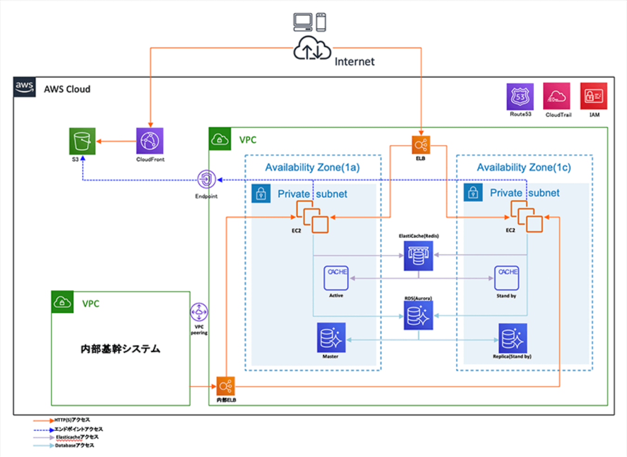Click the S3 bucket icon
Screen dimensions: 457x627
point(82,141)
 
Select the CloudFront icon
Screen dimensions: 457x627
point(150,141)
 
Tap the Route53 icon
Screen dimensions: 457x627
point(520,97)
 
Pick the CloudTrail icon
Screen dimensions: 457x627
point(556,97)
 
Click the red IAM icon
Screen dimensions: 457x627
point(594,96)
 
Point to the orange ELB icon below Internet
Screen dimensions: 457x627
point(421,145)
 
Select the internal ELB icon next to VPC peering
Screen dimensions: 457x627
point(226,386)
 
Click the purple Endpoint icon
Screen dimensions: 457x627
point(206,179)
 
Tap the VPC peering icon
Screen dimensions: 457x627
point(199,312)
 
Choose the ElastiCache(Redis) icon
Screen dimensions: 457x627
point(418,256)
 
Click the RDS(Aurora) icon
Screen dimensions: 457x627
point(418,315)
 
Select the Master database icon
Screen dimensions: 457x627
point(331,338)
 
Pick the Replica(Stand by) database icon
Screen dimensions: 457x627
point(512,338)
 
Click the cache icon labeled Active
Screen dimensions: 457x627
point(336,278)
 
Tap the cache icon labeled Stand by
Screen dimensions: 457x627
point(507,278)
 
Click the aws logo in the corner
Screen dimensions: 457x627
point(25,87)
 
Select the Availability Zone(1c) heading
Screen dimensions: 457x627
point(524,167)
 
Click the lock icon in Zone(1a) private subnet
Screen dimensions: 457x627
point(261,193)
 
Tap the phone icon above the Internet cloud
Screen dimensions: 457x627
point(321,22)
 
